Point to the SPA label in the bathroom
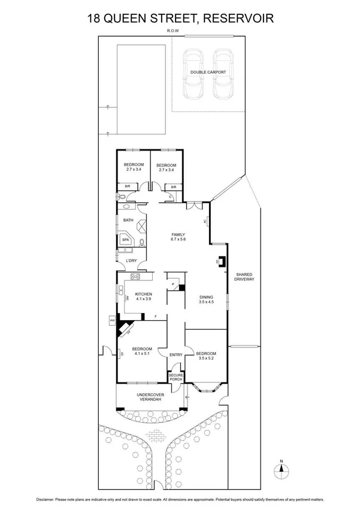tap(126, 239)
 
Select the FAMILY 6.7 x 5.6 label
tap(179, 237)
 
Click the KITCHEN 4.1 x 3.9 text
tap(143, 296)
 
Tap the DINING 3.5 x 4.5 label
tap(206, 299)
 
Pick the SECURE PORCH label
tap(176, 377)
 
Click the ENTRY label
tap(176, 355)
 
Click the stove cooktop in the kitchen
tap(135, 276)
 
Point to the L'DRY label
tap(131, 261)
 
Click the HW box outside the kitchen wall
tap(112, 321)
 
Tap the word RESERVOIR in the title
tap(240, 19)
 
